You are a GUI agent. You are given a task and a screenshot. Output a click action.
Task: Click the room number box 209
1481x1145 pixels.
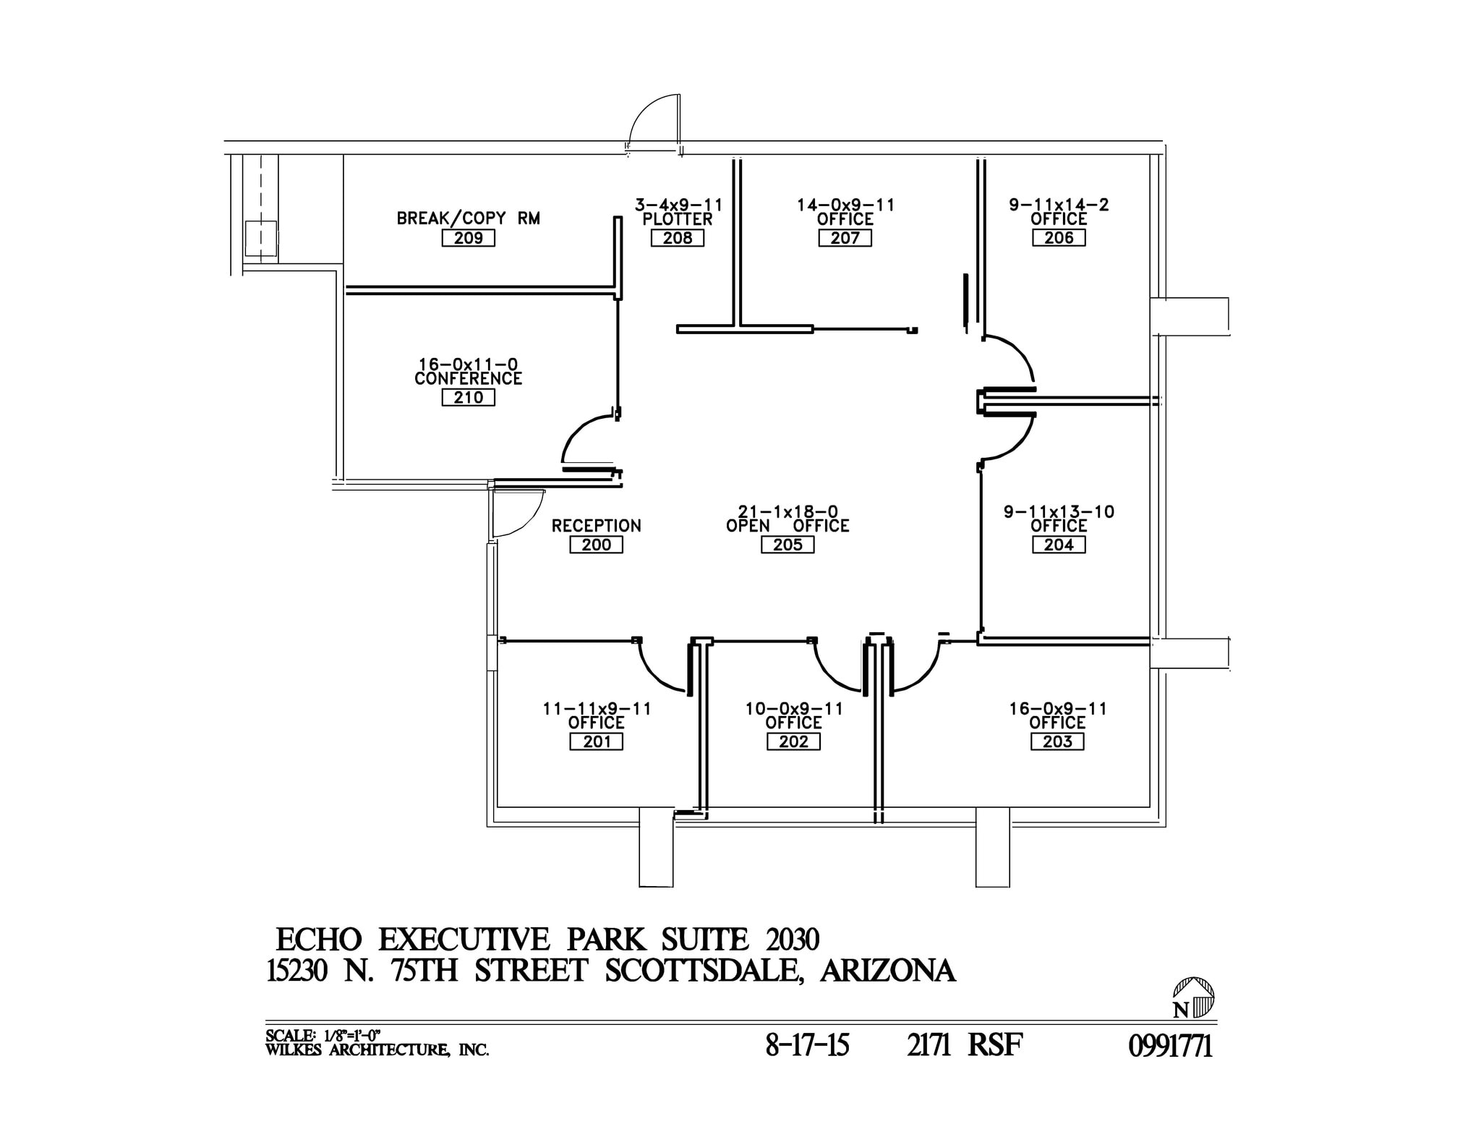(x=468, y=238)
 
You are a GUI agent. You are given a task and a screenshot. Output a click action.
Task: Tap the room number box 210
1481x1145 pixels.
(x=468, y=397)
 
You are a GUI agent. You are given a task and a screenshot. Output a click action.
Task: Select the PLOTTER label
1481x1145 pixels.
(x=678, y=219)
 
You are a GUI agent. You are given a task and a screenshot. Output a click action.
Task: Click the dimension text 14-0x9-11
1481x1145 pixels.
(x=845, y=205)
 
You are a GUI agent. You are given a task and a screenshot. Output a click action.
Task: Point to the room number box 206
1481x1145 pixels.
(x=1059, y=238)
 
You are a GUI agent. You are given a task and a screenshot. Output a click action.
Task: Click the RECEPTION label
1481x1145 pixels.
(x=597, y=526)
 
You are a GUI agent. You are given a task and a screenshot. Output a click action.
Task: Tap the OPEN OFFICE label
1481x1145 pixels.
(x=788, y=526)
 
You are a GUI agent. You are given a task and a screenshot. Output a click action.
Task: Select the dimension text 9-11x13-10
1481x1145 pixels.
(x=1059, y=511)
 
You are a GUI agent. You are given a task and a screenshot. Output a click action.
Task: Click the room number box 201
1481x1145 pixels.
(x=596, y=741)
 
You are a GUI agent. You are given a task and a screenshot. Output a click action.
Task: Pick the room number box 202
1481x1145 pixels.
(x=793, y=741)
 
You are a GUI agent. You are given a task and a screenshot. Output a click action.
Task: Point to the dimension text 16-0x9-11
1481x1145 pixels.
(x=1058, y=708)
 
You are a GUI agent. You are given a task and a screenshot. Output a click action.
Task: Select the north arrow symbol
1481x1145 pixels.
(x=1193, y=998)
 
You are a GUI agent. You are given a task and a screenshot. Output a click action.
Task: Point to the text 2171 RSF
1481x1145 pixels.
(x=965, y=1045)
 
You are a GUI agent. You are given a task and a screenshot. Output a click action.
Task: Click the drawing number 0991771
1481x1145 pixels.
(x=1170, y=1047)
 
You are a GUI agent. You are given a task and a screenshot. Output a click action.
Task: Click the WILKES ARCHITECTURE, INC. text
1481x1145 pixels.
(x=377, y=1050)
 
